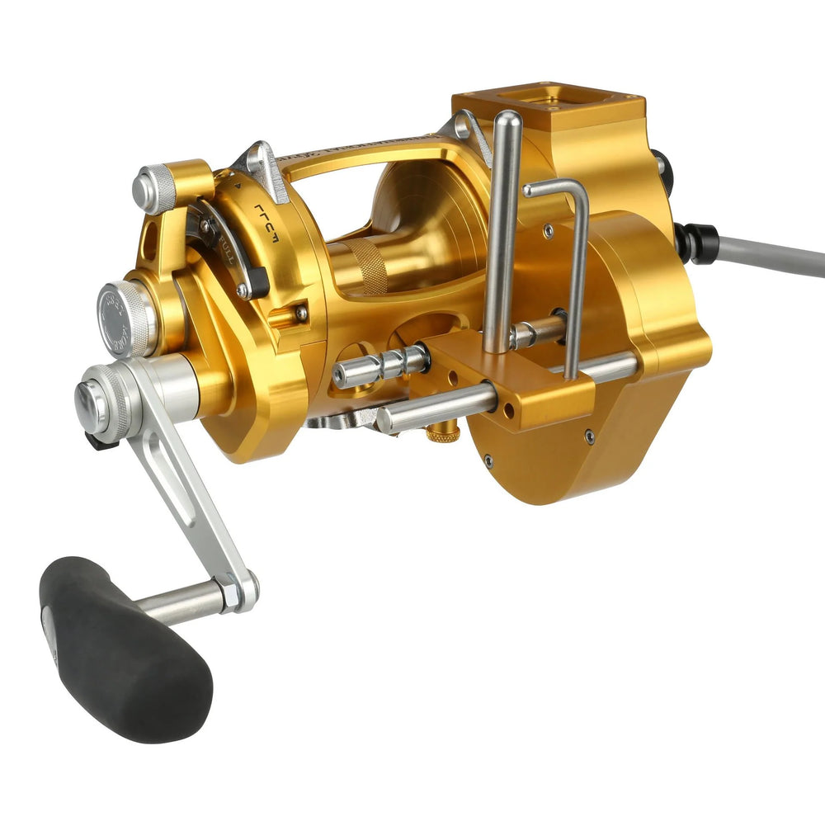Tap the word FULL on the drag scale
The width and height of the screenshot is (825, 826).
(226, 245)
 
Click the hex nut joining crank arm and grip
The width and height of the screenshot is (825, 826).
(239, 589)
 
